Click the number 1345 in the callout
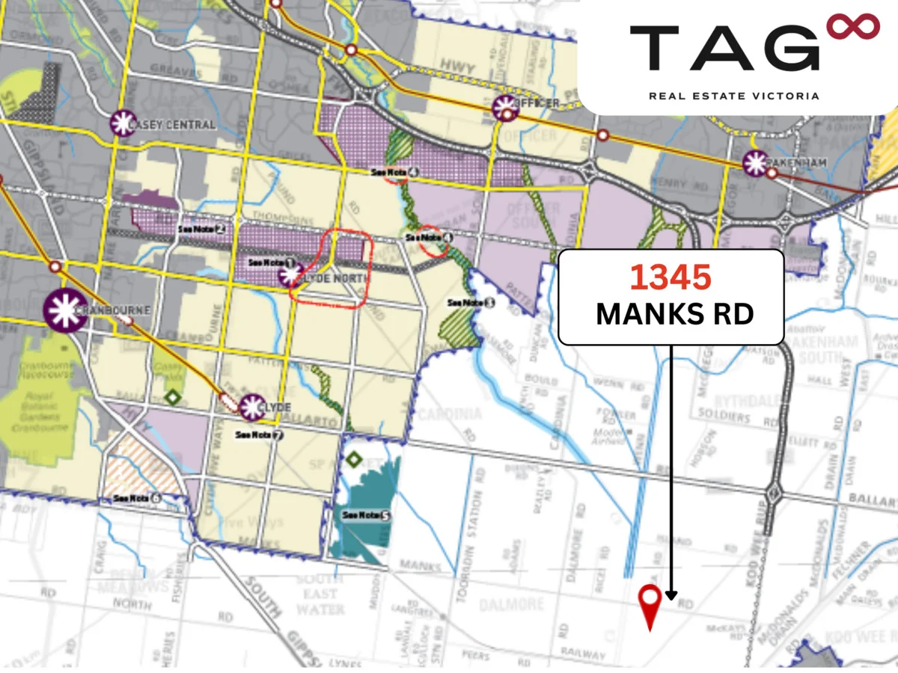(x=670, y=277)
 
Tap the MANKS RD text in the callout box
(x=673, y=314)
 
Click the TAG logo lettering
(x=724, y=49)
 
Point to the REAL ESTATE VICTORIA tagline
(x=733, y=96)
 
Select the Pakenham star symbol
(x=756, y=163)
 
